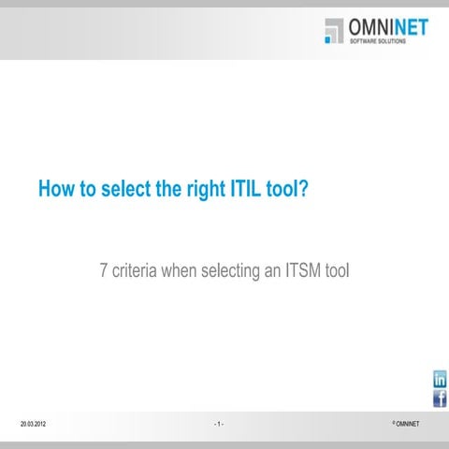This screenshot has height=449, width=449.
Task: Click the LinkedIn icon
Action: (439, 379)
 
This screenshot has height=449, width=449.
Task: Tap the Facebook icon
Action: (439, 398)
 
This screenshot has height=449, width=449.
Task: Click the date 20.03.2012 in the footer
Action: (34, 425)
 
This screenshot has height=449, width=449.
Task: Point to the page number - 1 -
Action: (218, 425)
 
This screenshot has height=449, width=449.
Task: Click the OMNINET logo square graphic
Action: (334, 31)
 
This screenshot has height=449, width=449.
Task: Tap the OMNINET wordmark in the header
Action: (387, 27)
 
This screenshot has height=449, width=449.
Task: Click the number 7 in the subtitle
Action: (104, 272)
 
